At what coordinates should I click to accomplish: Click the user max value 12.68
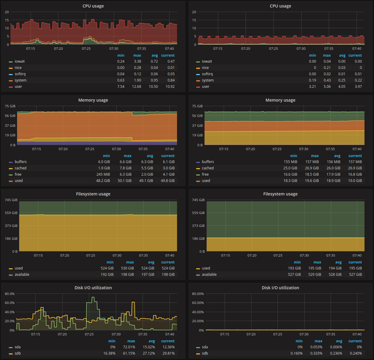pos(137,87)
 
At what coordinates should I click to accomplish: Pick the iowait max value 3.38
pos(137,61)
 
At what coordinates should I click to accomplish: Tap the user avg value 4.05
pos(342,87)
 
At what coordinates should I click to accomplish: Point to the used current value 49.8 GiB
pos(168,181)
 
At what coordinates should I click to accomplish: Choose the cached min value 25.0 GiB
pos(290,168)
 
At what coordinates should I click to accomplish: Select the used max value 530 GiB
pos(127,268)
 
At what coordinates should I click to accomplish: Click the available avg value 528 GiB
pos(335,275)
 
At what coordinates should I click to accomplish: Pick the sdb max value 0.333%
pos(316,353)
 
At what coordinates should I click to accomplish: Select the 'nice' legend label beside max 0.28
pos(18,68)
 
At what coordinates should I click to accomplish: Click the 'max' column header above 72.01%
pos(131,341)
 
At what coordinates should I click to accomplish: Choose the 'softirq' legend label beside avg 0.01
pos(207,74)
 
